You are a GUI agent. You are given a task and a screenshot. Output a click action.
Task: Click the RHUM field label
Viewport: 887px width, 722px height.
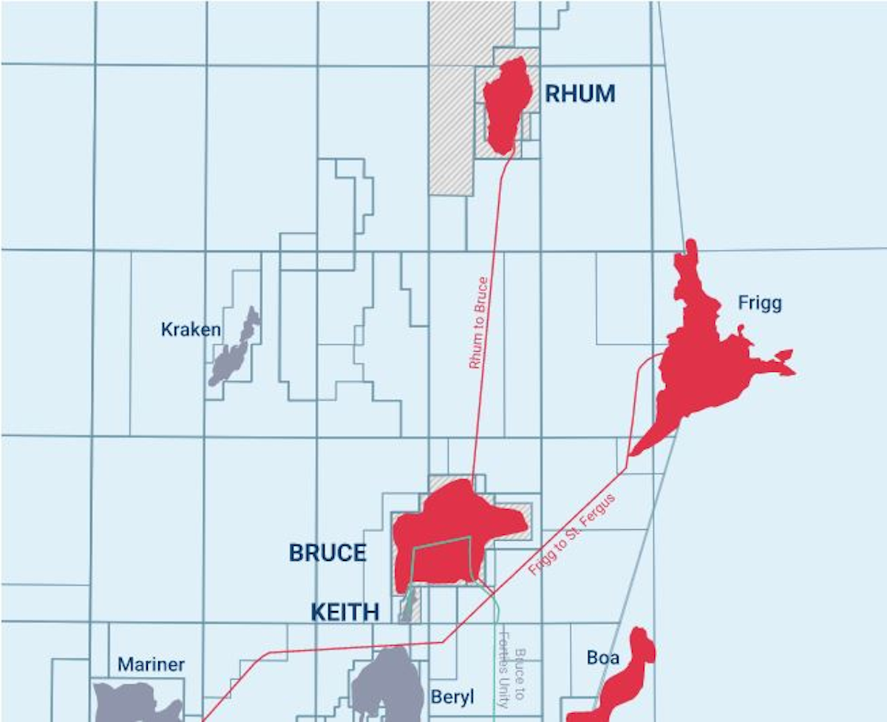[580, 95]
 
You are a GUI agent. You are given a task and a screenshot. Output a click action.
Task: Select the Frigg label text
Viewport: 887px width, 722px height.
[759, 303]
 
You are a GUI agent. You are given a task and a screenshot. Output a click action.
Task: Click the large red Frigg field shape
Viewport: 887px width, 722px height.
[702, 362]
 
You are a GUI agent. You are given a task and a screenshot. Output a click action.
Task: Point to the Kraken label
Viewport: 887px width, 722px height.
[191, 330]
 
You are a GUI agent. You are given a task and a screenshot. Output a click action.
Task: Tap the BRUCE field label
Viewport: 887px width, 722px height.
[327, 553]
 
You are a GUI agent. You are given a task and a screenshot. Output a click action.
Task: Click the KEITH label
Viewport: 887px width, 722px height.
[344, 612]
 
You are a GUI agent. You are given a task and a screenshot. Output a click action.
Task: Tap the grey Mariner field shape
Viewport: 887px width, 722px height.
[137, 702]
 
